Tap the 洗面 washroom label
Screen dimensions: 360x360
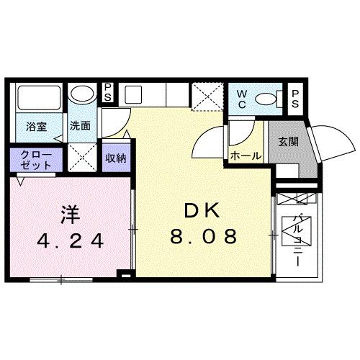pyautogui.click(x=80, y=126)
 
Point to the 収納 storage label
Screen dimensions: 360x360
pyautogui.click(x=114, y=158)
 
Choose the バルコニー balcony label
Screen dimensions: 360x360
pyautogui.click(x=294, y=241)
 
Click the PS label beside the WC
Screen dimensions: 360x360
pyautogui.click(x=296, y=98)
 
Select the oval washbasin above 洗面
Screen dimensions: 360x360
pyautogui.click(x=82, y=94)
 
